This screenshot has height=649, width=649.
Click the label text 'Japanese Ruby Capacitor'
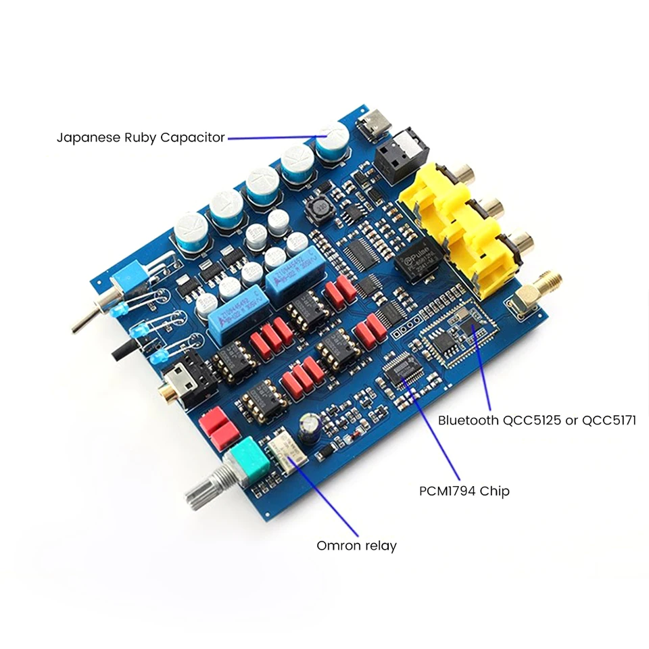point(140,138)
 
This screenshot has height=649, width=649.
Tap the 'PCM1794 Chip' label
point(464,491)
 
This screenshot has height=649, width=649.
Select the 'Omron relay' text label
point(356,546)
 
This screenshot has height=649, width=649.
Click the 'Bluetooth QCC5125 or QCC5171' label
point(537,420)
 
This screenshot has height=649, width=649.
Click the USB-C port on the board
point(372,126)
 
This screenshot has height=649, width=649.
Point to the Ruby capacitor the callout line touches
point(332,139)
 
